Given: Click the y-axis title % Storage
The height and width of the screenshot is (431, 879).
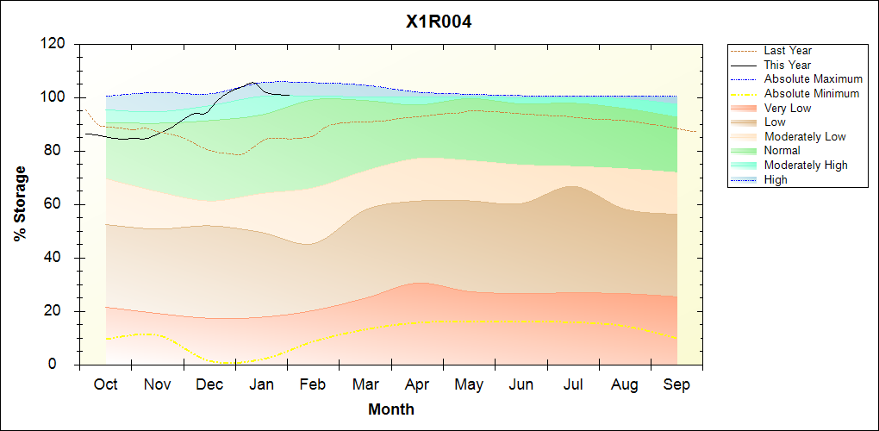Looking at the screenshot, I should (x=20, y=209).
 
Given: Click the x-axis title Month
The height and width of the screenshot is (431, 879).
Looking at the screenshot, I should (x=391, y=409).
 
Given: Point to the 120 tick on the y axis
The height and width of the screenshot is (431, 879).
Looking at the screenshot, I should (x=55, y=44).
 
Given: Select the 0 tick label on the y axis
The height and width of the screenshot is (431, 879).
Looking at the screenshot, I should (x=64, y=365).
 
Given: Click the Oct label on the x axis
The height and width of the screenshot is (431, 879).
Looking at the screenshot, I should (x=105, y=384).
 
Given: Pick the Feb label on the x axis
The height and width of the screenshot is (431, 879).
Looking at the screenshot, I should (x=313, y=384).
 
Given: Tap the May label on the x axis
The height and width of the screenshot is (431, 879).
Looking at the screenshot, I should (x=469, y=384).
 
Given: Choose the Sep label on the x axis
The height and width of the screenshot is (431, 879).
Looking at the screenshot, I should (x=676, y=384).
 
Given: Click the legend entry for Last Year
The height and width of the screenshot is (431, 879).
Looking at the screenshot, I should (x=788, y=51).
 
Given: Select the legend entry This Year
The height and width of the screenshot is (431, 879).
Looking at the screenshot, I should (x=787, y=65).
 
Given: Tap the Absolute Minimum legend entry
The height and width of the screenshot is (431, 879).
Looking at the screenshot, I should (x=812, y=93).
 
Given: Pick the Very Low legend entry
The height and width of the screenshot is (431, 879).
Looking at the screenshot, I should (x=788, y=108).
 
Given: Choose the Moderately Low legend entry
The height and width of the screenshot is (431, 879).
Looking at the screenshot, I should (x=805, y=136).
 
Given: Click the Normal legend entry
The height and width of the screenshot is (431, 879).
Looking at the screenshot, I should (x=782, y=151).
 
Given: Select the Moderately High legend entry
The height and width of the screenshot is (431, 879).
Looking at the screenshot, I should (x=806, y=165).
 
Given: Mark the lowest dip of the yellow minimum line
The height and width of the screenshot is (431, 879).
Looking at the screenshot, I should (x=226, y=363).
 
